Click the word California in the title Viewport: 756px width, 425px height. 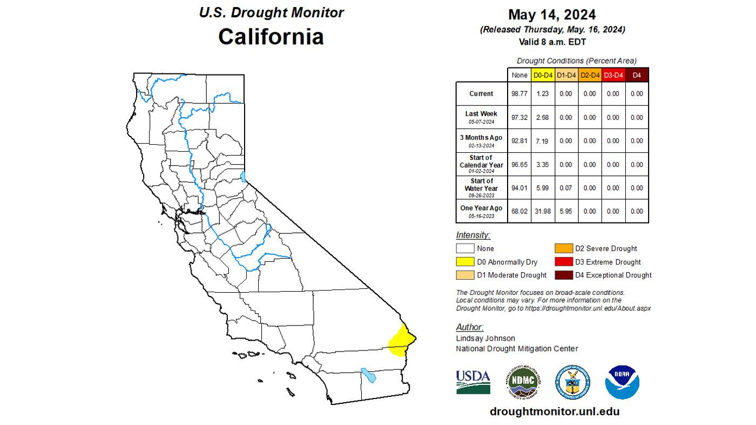271,37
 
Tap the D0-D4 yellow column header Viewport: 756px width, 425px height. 542,75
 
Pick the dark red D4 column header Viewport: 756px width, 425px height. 637,75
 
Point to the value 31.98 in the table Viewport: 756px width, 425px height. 542,211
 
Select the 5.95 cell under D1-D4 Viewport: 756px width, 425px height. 565,211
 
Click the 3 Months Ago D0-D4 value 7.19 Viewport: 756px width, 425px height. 542,141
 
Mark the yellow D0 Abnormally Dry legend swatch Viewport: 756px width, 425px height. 465,262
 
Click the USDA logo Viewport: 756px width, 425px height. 473,381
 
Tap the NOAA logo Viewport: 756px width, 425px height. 622,382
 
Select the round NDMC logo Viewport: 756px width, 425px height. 523,381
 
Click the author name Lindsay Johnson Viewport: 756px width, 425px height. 485,338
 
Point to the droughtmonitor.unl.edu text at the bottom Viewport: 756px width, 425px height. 555,411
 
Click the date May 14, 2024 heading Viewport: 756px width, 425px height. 552,15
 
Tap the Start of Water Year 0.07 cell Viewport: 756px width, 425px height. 565,188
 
